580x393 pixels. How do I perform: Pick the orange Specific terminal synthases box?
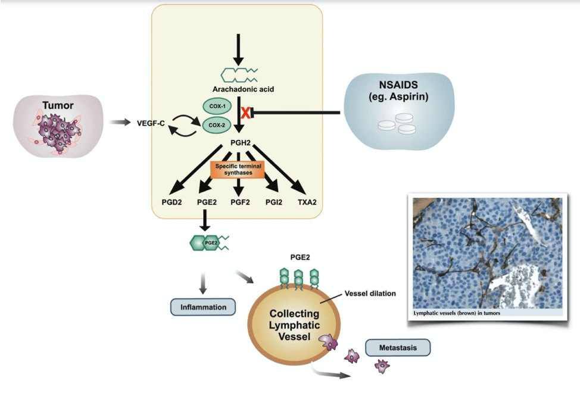[239, 170]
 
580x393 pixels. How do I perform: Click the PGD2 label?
[169, 202]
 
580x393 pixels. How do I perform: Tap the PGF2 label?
[239, 202]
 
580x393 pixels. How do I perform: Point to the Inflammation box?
[203, 307]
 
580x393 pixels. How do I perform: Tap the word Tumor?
[58, 106]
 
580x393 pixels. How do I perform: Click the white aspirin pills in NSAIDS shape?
[395, 127]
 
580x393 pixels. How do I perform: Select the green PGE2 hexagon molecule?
[204, 243]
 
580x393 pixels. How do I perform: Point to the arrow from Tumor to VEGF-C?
[119, 122]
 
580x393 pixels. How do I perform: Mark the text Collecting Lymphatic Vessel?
[294, 325]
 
